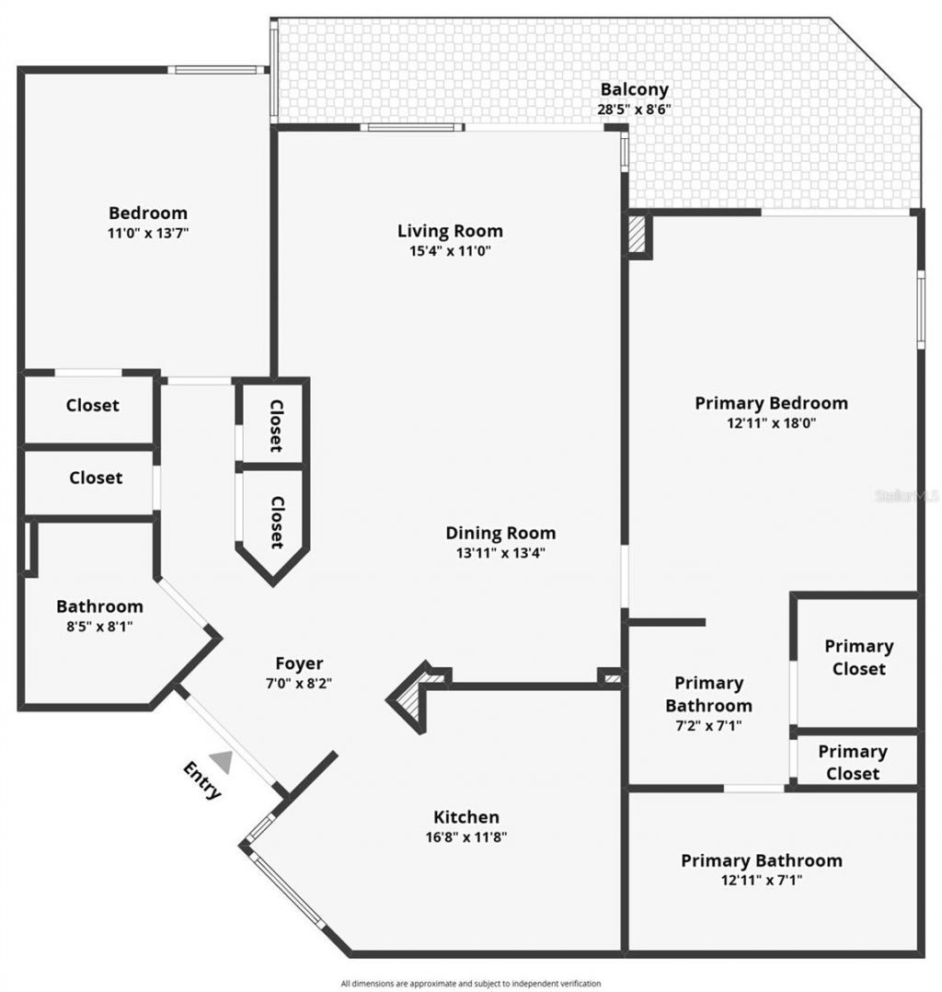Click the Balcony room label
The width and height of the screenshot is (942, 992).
634,89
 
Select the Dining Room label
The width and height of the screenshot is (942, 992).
500,532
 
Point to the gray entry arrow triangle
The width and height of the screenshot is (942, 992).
222,760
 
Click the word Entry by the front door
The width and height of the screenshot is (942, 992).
202,780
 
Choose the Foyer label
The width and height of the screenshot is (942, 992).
299,663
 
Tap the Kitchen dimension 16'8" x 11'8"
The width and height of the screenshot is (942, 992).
467,837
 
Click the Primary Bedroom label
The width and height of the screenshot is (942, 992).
771,402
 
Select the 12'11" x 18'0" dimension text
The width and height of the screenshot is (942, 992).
771,423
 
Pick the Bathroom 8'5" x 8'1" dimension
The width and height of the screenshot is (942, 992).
99,627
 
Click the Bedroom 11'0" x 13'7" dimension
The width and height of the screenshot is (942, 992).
148,233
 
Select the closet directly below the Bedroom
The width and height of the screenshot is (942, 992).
92,405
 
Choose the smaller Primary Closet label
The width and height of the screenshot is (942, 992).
853,762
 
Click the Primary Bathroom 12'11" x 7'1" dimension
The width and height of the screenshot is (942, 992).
761,881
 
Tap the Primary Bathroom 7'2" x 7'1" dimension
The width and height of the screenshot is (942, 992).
708,725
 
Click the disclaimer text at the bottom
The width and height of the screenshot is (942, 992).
470,983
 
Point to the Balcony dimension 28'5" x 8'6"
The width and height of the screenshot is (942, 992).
634,109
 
